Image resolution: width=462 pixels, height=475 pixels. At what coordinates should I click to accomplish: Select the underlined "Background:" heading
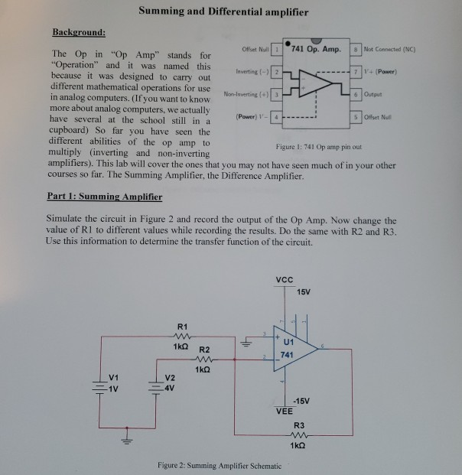(x=78, y=34)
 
